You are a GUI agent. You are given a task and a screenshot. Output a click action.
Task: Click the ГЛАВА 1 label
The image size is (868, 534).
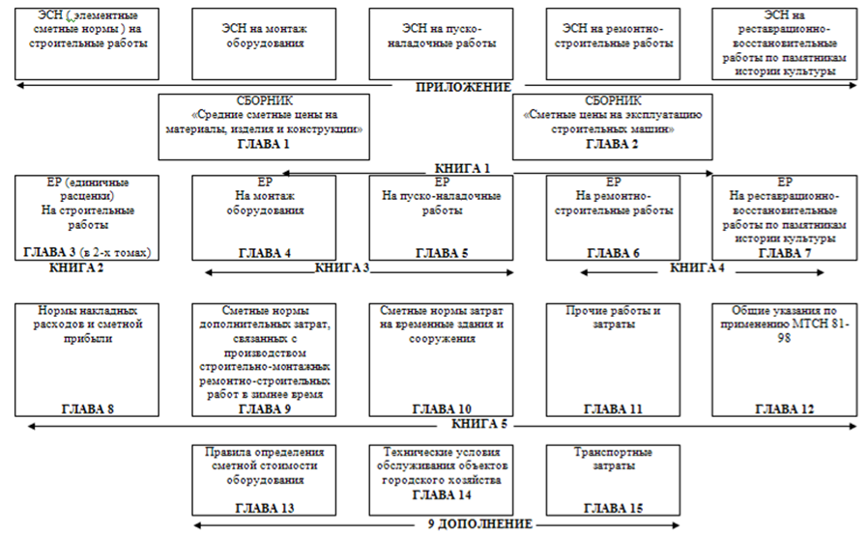click(263, 143)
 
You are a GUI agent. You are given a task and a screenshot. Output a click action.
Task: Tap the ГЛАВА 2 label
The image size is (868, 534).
click(612, 143)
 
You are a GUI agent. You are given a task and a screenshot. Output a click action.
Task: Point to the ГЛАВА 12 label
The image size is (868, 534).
click(785, 408)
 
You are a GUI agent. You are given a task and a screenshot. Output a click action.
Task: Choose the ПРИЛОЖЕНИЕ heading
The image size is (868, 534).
click(464, 88)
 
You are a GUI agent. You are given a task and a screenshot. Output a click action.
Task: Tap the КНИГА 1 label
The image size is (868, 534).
click(463, 167)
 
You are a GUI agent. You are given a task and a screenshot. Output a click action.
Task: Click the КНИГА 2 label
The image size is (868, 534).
click(77, 267)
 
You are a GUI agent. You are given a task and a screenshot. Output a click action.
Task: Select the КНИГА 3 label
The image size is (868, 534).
click(342, 267)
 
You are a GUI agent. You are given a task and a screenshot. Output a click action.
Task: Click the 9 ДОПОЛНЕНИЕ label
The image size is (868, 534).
click(480, 524)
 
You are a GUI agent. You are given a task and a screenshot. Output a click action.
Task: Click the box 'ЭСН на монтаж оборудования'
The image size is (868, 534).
click(263, 44)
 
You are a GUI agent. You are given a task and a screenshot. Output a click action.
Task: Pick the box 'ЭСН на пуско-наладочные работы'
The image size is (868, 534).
click(440, 44)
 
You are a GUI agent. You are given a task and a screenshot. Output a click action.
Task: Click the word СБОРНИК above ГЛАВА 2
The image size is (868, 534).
click(613, 100)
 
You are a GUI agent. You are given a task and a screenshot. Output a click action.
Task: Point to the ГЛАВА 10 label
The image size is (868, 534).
click(440, 408)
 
